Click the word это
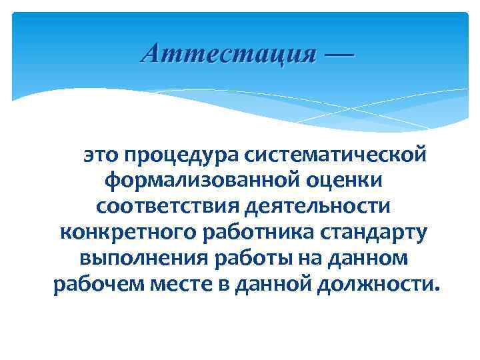pos(100,155)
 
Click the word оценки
pos(347,181)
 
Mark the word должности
pos(379,285)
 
